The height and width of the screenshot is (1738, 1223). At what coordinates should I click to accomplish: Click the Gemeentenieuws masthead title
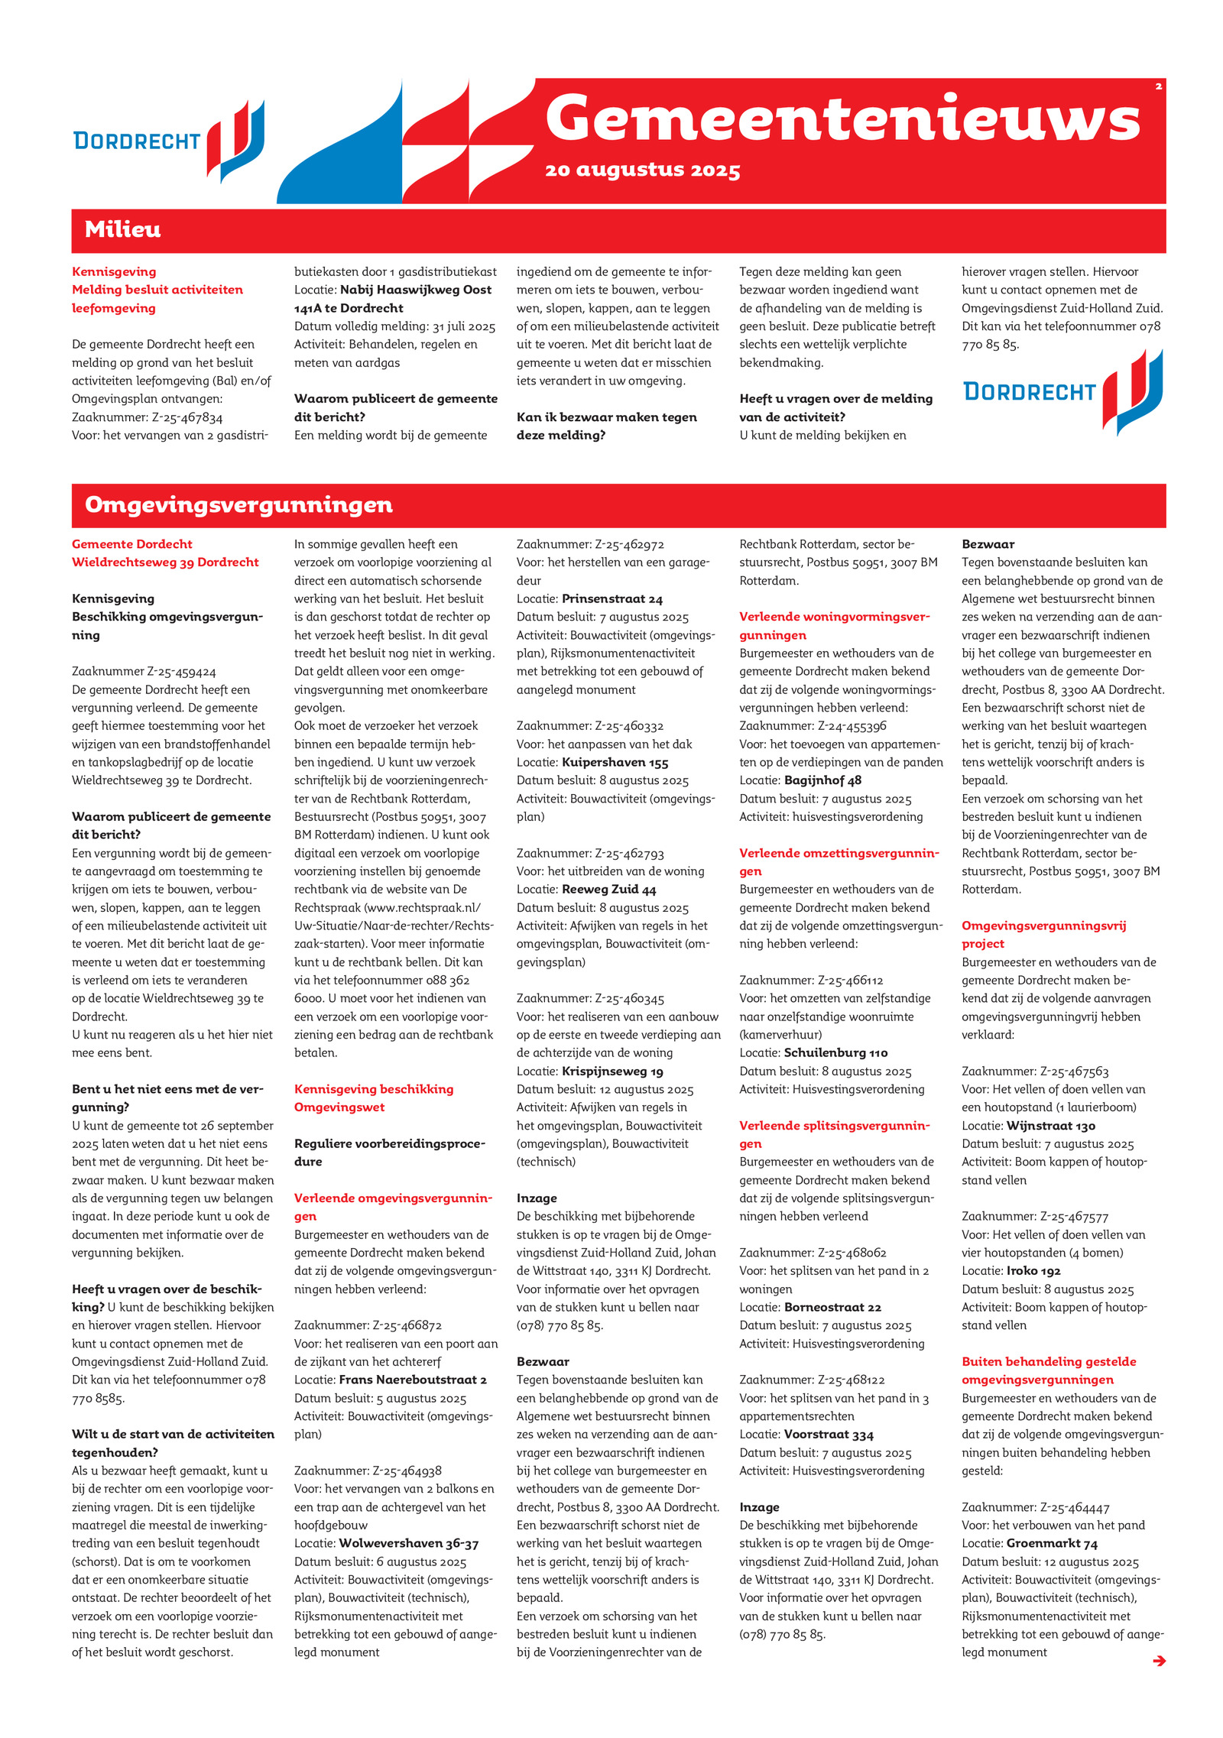[842, 118]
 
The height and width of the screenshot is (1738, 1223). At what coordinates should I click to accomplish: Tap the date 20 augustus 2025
[642, 170]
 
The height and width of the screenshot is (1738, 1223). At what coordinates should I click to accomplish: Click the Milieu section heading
[122, 229]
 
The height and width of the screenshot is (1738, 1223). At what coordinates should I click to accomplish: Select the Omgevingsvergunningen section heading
[238, 504]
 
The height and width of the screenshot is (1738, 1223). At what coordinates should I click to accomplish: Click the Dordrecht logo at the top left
[168, 140]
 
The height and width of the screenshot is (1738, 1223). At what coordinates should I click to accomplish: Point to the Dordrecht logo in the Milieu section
[1062, 391]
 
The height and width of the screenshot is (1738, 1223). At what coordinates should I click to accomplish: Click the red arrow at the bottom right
[1159, 1660]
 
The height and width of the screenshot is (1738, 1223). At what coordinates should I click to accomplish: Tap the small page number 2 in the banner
[1158, 86]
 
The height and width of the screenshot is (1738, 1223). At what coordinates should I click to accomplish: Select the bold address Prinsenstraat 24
[612, 598]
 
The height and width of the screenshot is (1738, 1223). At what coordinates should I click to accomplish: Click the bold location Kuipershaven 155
[615, 762]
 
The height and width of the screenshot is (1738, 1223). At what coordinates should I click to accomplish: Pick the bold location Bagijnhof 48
[822, 780]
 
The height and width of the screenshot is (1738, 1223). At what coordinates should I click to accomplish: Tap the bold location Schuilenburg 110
[835, 1052]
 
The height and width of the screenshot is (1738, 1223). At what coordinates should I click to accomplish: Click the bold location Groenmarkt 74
[1051, 1543]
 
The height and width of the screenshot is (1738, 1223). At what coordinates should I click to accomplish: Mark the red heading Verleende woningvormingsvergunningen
[834, 625]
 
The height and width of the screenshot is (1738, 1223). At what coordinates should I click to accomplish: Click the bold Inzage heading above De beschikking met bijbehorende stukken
[537, 1198]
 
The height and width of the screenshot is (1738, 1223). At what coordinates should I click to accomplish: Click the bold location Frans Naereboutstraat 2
[413, 1380]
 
